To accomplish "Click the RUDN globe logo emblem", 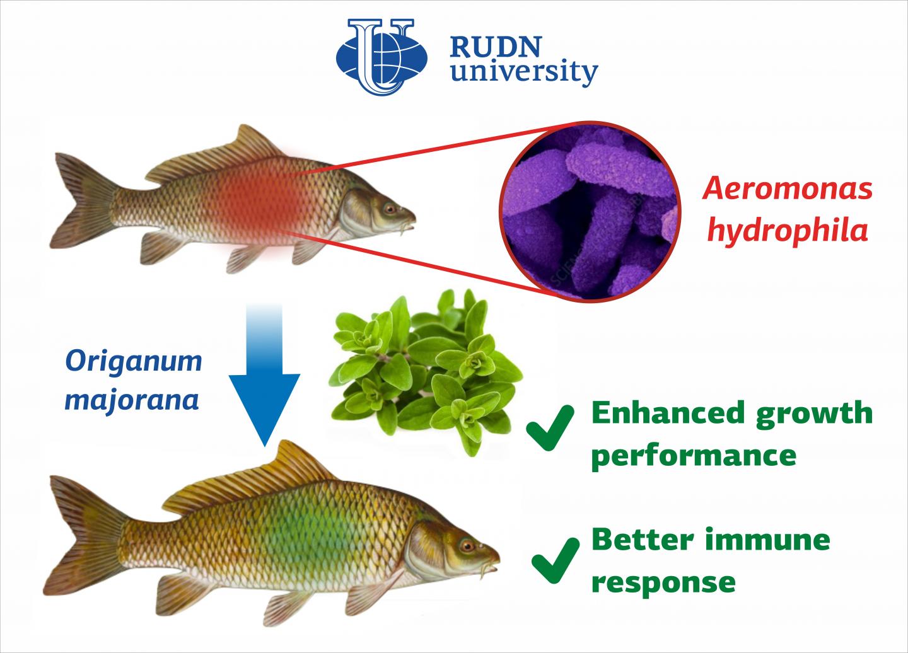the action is (381, 57).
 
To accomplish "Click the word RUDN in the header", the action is (496, 47).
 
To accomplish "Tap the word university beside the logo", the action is (524, 72).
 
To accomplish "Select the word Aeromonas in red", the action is (788, 188).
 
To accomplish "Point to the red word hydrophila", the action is (788, 231).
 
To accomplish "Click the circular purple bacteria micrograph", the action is (590, 211).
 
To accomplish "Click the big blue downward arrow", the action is (264, 374).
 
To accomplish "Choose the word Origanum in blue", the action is (134, 362).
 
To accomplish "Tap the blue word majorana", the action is (132, 400).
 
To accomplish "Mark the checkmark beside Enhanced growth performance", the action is (550, 427).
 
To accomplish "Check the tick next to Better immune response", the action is (556, 560).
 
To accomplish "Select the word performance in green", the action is (694, 456).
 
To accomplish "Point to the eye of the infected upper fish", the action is (390, 209).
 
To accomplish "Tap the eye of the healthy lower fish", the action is (467, 546).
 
